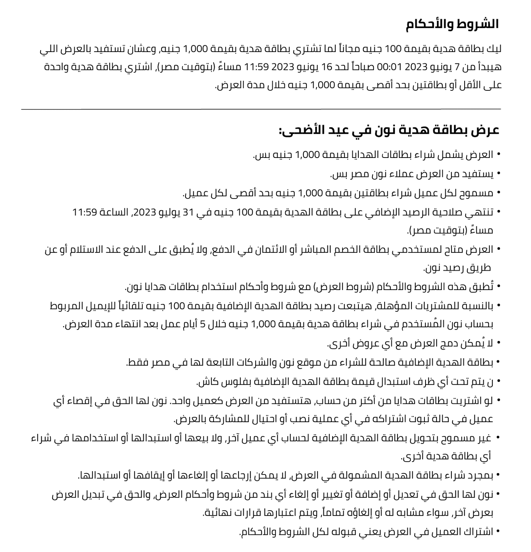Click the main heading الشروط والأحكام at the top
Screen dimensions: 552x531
coord(452,25)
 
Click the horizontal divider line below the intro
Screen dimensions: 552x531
coord(261,109)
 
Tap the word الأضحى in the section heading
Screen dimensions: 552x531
coord(300,130)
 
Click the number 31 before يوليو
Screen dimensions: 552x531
coord(189,212)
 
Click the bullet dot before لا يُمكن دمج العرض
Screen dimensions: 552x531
coord(498,343)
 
